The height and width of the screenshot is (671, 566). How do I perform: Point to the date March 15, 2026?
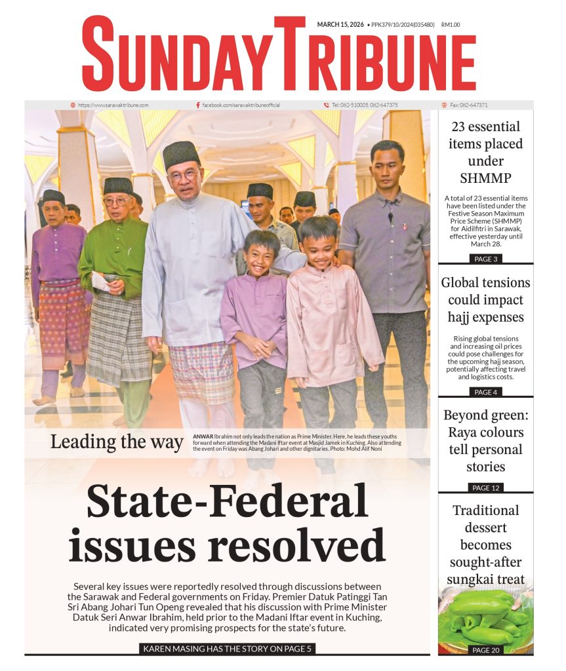(x=340, y=25)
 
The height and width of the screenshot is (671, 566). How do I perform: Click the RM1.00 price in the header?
(x=451, y=25)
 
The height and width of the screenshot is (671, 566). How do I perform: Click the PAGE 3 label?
(x=485, y=259)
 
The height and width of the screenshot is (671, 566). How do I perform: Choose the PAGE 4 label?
(x=485, y=392)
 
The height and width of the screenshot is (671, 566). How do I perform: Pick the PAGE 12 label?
(x=485, y=488)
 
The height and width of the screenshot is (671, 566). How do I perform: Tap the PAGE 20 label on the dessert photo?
(x=485, y=650)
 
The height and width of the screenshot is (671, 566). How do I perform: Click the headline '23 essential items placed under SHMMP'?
(x=485, y=152)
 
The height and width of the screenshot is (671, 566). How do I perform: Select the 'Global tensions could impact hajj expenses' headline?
(x=485, y=300)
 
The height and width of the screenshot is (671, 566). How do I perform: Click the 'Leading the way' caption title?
(x=117, y=442)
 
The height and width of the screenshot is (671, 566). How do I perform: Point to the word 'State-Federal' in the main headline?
(x=228, y=501)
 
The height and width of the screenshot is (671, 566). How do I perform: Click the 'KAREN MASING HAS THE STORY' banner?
(x=228, y=649)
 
